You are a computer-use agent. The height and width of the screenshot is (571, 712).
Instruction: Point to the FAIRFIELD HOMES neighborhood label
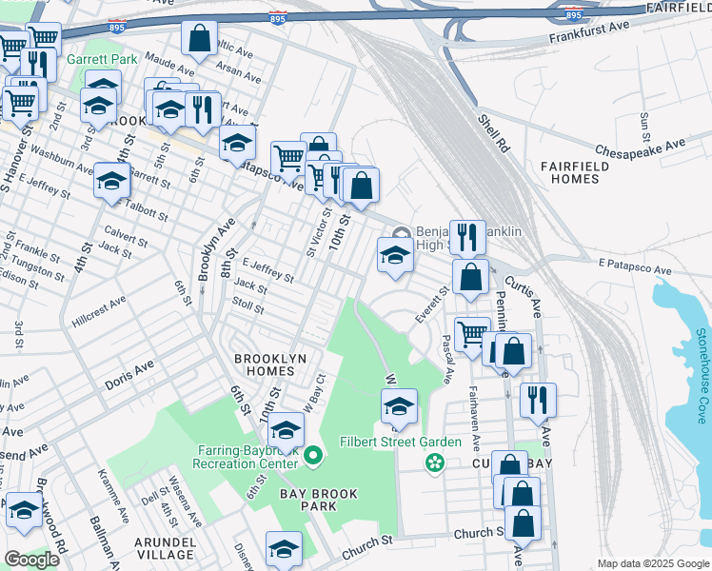[x=575, y=172]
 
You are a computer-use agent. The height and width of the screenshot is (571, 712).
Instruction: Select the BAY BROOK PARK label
[x=307, y=500]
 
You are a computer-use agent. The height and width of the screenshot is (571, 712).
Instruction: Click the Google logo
[x=31, y=560]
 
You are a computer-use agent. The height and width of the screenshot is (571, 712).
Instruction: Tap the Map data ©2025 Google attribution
[x=653, y=563]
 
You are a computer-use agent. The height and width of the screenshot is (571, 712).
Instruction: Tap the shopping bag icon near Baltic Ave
[x=200, y=39]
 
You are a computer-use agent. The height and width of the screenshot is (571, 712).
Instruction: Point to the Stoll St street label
[x=247, y=305]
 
